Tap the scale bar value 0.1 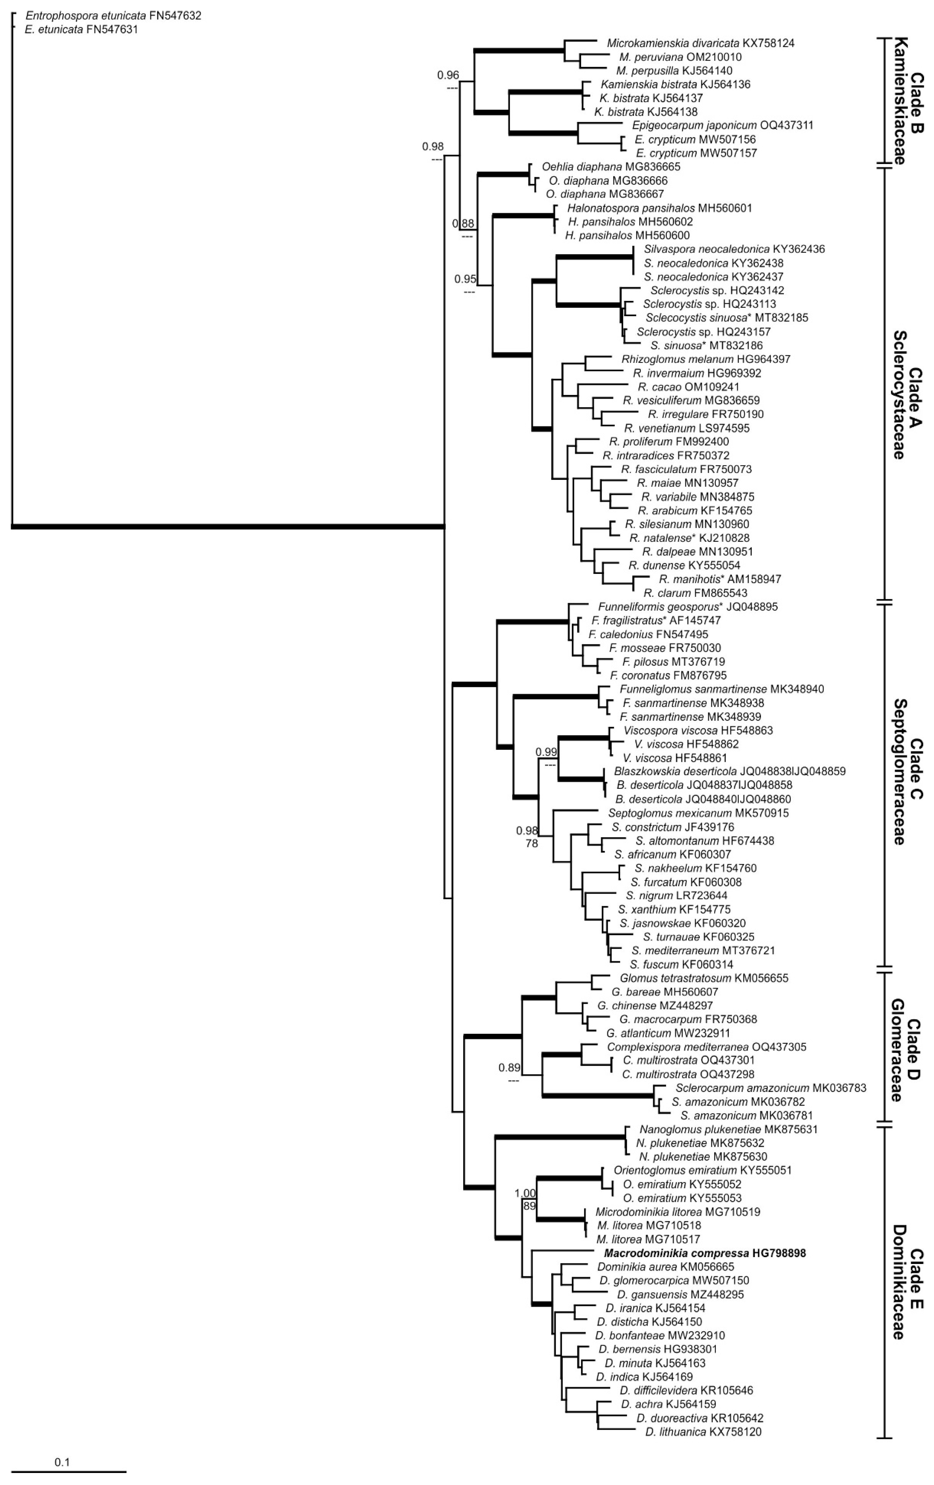point(62,1461)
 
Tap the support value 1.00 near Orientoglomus point(525,1193)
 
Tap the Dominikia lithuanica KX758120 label point(703,1432)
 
